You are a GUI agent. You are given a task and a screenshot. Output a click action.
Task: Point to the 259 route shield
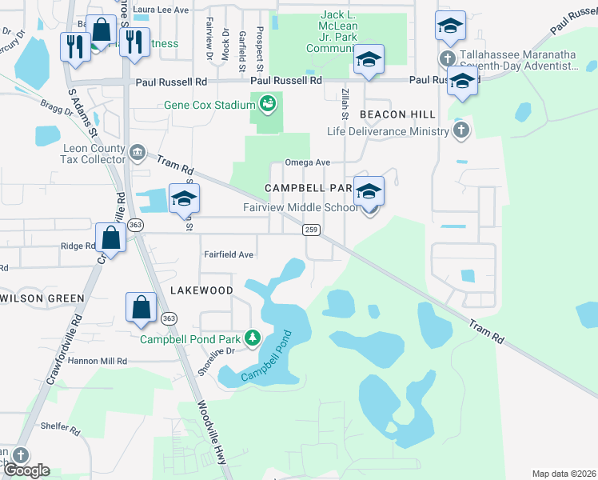[x=312, y=230]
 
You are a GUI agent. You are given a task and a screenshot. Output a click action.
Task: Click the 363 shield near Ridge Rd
[x=135, y=226]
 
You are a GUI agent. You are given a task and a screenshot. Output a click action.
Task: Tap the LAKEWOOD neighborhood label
[x=201, y=290]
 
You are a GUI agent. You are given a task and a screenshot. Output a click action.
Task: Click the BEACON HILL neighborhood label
[x=397, y=115]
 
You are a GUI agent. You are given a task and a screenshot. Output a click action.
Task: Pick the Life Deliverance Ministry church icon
[x=460, y=130]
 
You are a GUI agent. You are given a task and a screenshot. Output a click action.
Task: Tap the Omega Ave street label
[x=313, y=163]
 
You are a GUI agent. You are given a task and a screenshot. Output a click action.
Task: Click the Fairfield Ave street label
[x=229, y=254]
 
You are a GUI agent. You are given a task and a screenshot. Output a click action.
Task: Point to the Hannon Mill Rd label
[x=100, y=361]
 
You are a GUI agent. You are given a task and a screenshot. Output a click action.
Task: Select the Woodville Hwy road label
[x=213, y=433]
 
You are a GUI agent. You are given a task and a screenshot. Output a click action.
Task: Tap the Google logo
[x=26, y=470]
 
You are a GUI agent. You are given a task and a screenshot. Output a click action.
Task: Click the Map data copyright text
[x=563, y=474]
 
